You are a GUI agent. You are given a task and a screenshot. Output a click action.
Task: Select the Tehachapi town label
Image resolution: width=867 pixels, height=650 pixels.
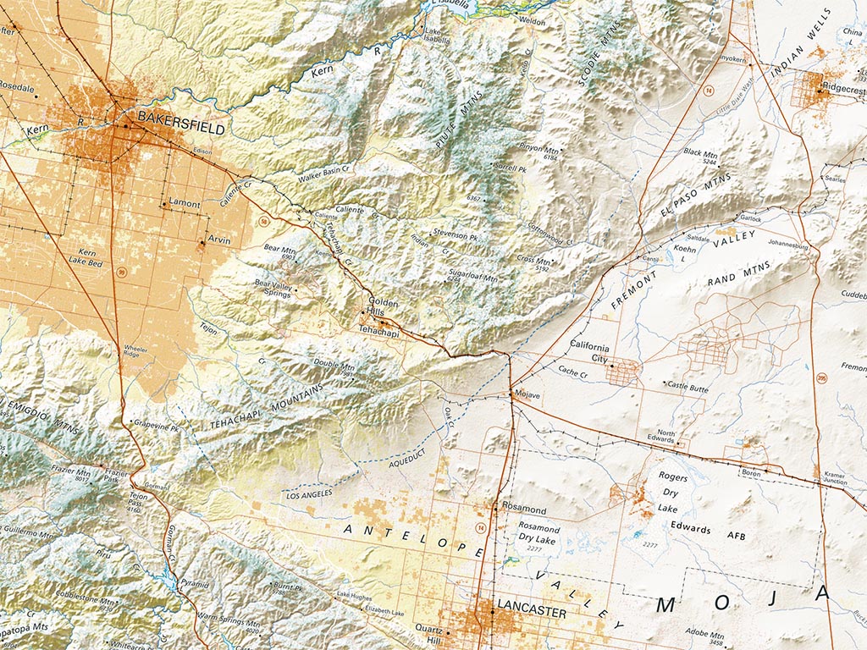(378, 331)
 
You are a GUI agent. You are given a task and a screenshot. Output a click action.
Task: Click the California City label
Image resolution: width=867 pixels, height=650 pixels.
(589, 352)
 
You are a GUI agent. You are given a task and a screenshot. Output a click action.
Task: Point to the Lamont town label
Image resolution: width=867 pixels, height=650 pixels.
(185, 204)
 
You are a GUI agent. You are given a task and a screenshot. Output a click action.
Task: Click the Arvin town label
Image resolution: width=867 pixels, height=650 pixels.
(218, 240)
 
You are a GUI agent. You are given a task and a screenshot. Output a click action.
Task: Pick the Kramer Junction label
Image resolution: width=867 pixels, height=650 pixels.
(834, 480)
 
